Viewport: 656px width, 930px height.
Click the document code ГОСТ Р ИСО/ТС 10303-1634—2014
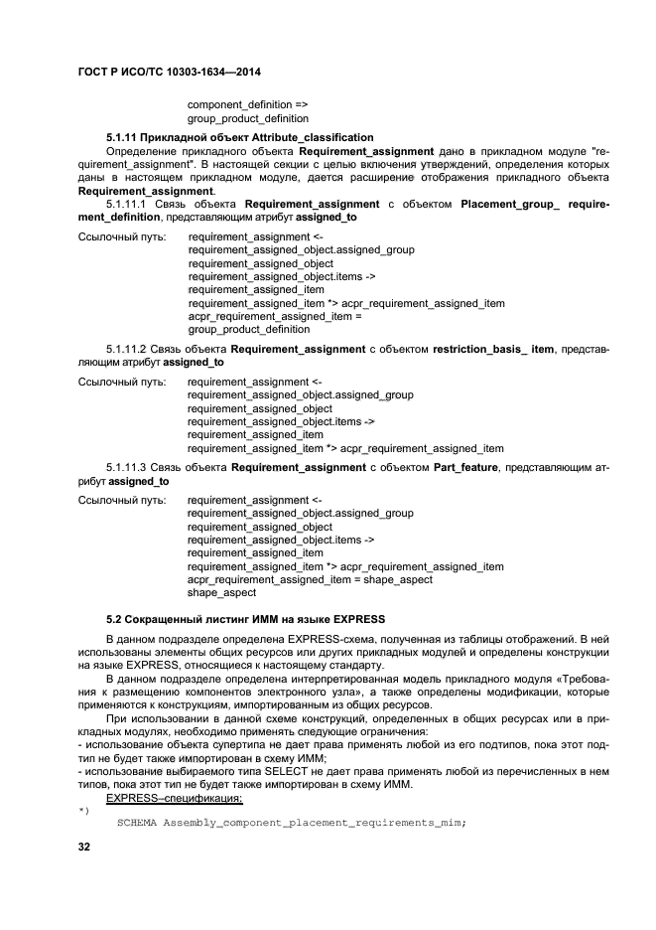[x=169, y=74]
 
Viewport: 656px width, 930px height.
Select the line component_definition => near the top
[x=247, y=104]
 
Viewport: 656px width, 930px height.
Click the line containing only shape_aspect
[x=221, y=592]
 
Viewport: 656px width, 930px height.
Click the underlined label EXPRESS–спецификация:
[x=174, y=798]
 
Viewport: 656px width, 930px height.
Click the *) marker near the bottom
[x=84, y=811]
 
